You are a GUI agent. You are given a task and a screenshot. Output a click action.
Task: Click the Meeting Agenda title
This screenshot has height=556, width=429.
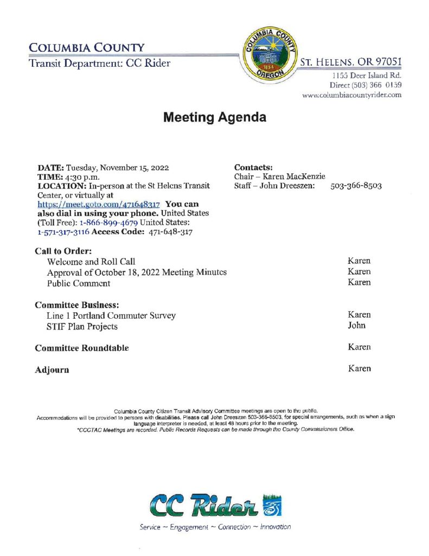point(215,117)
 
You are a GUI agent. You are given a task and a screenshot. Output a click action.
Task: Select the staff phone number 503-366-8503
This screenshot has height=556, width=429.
point(356,186)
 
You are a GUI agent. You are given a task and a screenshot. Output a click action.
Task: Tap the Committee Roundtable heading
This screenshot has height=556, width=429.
point(82,347)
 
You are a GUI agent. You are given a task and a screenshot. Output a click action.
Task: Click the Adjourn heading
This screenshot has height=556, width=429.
point(52,370)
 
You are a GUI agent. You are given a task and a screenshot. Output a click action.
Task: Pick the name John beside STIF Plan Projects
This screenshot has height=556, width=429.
point(356,325)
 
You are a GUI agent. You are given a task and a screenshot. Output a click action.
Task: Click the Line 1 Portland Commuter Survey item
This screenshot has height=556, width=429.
point(111,315)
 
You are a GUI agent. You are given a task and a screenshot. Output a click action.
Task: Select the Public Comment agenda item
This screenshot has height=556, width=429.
point(79,283)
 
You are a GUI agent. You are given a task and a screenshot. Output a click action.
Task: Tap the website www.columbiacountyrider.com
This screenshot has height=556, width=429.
point(352,94)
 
